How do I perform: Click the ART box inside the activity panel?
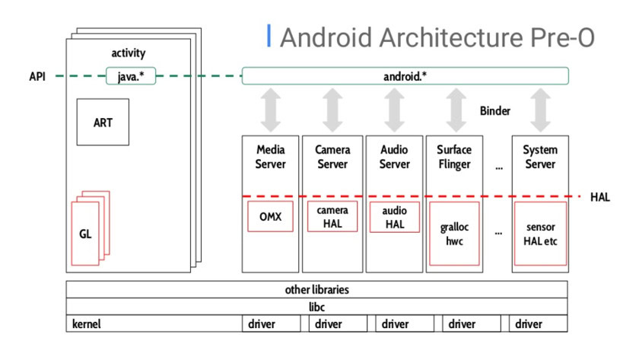coord(103,122)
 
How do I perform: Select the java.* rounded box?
coord(132,76)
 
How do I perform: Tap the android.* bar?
coord(405,76)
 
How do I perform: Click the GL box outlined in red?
coord(85,234)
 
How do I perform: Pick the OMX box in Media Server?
coord(270,217)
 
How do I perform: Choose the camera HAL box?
coord(332,217)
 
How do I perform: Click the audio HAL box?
coord(394,217)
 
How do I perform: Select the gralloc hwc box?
coord(454,233)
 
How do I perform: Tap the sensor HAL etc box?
coord(540,233)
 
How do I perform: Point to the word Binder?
coord(494,111)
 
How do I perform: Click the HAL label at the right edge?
coord(599,197)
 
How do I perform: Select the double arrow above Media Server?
coord(270,110)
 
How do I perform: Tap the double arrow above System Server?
coord(540,110)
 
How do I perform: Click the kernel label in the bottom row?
coord(87,324)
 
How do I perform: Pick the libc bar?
coord(316,307)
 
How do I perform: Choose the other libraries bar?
coord(316,290)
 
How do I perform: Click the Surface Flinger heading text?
coord(454,157)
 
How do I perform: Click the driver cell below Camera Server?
coord(329,324)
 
